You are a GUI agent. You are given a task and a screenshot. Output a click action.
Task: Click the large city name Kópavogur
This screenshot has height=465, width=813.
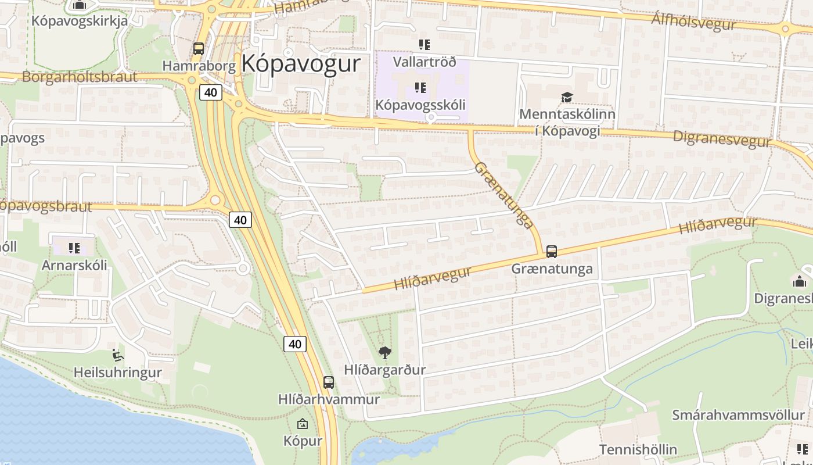pyautogui.click(x=301, y=63)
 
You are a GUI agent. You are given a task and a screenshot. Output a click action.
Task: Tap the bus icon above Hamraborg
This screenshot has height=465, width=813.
pyautogui.click(x=199, y=49)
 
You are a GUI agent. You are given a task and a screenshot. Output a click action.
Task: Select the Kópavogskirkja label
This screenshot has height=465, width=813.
pyautogui.click(x=80, y=21)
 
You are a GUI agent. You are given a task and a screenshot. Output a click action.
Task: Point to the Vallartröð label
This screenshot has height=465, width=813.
pyautogui.click(x=425, y=62)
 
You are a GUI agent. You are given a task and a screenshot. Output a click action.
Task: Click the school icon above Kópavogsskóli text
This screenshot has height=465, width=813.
pyautogui.click(x=420, y=88)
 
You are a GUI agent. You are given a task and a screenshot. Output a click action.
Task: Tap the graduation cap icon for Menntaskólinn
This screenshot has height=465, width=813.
pyautogui.click(x=567, y=97)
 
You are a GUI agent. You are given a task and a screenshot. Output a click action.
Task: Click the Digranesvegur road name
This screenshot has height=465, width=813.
pyautogui.click(x=722, y=138)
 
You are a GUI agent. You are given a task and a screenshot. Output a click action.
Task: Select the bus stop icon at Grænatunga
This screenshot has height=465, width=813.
pyautogui.click(x=552, y=252)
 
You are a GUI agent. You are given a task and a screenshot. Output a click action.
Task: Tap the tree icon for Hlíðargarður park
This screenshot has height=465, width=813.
pyautogui.click(x=384, y=352)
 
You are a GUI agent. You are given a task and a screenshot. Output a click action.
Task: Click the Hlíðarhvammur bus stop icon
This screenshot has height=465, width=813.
pyautogui.click(x=329, y=382)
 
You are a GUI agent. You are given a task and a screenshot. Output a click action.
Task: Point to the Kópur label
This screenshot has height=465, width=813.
pyautogui.click(x=303, y=441)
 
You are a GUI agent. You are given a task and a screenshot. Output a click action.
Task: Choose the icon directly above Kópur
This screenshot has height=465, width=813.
pyautogui.click(x=303, y=424)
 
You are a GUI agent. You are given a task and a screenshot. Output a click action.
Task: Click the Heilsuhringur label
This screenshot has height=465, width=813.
pyautogui.click(x=118, y=373)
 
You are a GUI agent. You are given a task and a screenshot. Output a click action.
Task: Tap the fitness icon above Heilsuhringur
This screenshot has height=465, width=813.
pyautogui.click(x=118, y=355)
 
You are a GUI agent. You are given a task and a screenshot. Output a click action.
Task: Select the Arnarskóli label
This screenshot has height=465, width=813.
pyautogui.click(x=74, y=265)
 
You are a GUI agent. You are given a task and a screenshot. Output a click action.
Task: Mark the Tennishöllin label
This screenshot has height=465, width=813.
pyautogui.click(x=638, y=449)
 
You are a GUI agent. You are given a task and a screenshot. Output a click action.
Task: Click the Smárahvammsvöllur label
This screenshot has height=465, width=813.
pyautogui.click(x=738, y=415)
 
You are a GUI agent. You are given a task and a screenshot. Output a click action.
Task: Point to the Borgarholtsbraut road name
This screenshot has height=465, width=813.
pyautogui.click(x=80, y=77)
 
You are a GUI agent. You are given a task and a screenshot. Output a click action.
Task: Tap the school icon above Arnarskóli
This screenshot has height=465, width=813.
pyautogui.click(x=74, y=248)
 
